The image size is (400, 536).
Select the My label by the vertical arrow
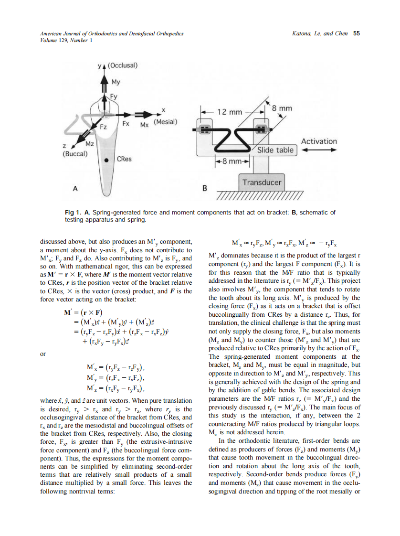[116, 82]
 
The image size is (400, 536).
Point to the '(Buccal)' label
[74, 154]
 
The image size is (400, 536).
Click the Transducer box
[262, 182]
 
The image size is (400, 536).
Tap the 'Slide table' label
[275, 150]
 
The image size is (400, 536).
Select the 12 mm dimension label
[230, 112]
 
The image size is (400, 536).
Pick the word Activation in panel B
[318, 141]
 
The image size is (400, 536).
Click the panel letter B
[205, 188]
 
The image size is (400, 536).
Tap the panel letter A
[75, 188]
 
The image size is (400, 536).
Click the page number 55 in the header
[356, 34]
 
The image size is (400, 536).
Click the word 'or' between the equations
[42, 354]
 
